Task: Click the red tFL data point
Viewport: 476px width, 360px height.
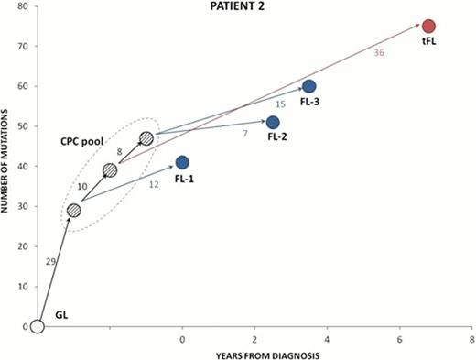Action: [428, 26]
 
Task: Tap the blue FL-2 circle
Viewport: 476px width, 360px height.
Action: [273, 122]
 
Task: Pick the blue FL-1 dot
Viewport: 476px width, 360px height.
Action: [182, 162]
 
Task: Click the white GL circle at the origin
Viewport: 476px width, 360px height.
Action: [38, 326]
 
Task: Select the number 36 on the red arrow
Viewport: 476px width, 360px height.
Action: [377, 53]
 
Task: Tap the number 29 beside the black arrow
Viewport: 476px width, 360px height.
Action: [51, 262]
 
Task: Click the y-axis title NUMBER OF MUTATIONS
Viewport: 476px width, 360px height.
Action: [8, 165]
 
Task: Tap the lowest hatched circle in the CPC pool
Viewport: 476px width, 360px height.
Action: [74, 211]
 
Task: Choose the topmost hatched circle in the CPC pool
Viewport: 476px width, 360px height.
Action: [146, 139]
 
